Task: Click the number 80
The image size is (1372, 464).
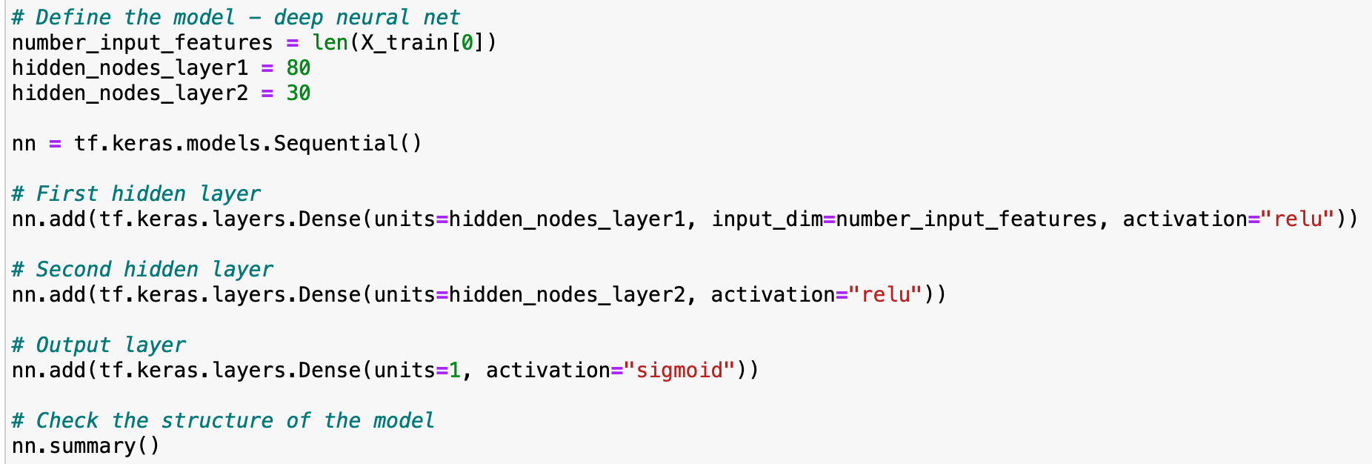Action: (299, 68)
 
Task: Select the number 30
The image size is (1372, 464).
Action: (299, 93)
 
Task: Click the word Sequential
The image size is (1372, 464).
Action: (336, 144)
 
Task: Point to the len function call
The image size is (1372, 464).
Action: (330, 43)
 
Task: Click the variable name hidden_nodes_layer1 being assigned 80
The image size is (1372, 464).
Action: (130, 69)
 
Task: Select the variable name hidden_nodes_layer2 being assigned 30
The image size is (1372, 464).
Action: (130, 94)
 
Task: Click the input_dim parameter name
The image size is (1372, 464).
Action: (767, 220)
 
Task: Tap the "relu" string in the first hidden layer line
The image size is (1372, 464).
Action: (1298, 219)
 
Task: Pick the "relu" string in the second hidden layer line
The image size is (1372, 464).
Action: (886, 295)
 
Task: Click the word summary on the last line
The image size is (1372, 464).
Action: (93, 447)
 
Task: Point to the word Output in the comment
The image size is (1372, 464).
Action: (73, 345)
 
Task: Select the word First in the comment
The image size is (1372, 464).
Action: (67, 194)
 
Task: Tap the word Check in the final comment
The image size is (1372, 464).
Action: (67, 421)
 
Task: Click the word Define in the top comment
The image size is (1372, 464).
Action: (73, 18)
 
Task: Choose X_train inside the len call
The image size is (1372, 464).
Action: (404, 44)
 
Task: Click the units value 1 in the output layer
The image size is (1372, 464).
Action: (456, 371)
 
